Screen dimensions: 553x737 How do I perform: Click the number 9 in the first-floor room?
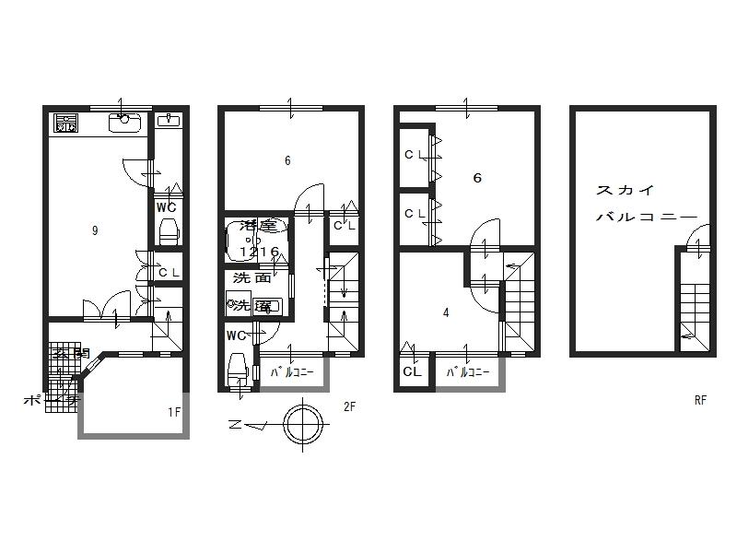click(95, 231)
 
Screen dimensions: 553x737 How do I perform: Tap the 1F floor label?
click(173, 413)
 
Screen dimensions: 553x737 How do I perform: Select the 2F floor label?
click(349, 406)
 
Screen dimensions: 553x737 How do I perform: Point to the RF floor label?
click(701, 401)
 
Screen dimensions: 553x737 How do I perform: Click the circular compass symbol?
click(303, 425)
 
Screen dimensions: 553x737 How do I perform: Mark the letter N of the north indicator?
click(236, 426)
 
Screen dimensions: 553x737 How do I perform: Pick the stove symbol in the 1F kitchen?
click(66, 123)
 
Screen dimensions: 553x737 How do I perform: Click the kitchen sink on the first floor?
click(123, 123)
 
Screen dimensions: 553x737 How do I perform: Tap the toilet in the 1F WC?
click(167, 229)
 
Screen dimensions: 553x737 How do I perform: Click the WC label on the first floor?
click(166, 206)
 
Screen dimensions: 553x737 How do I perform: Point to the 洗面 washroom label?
click(251, 277)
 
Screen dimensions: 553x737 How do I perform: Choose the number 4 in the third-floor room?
click(446, 312)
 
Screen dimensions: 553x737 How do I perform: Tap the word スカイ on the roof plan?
click(626, 191)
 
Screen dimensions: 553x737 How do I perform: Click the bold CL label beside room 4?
click(412, 372)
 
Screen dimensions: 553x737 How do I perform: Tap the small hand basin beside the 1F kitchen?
click(168, 121)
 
